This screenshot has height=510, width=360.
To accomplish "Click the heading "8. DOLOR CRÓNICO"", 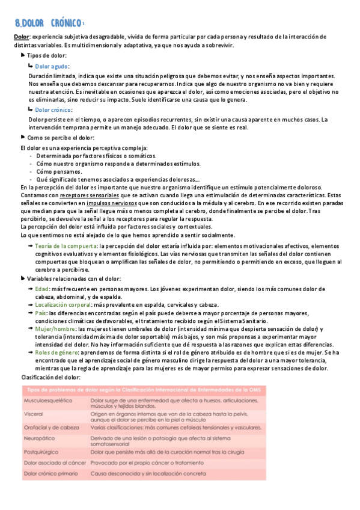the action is [x=49, y=23].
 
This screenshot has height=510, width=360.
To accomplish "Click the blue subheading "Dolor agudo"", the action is [x=51, y=66].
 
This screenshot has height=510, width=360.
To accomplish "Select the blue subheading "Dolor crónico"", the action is [x=53, y=110].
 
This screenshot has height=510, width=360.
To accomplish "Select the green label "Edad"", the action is [x=42, y=289].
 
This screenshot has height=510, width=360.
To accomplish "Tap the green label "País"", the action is [x=41, y=313].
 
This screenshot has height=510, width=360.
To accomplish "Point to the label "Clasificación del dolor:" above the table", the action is [x=46, y=376].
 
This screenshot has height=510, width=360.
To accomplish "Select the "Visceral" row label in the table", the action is [x=33, y=414].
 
